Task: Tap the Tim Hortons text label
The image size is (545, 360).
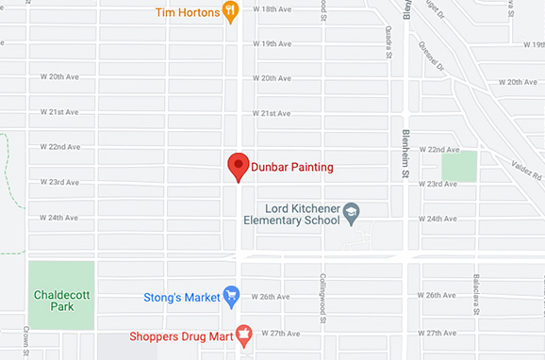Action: (x=189, y=12)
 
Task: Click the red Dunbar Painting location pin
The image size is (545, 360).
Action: (x=239, y=167)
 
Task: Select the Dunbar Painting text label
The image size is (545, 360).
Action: (x=292, y=168)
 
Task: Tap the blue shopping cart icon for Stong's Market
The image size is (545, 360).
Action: (x=230, y=296)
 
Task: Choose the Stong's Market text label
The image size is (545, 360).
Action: (x=181, y=297)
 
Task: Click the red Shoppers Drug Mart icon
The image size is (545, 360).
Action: (x=242, y=333)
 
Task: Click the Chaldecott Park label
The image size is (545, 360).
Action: (x=61, y=301)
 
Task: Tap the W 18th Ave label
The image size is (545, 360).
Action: (x=272, y=8)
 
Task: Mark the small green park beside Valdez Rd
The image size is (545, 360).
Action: (x=459, y=167)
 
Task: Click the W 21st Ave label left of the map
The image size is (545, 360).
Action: (x=58, y=112)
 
